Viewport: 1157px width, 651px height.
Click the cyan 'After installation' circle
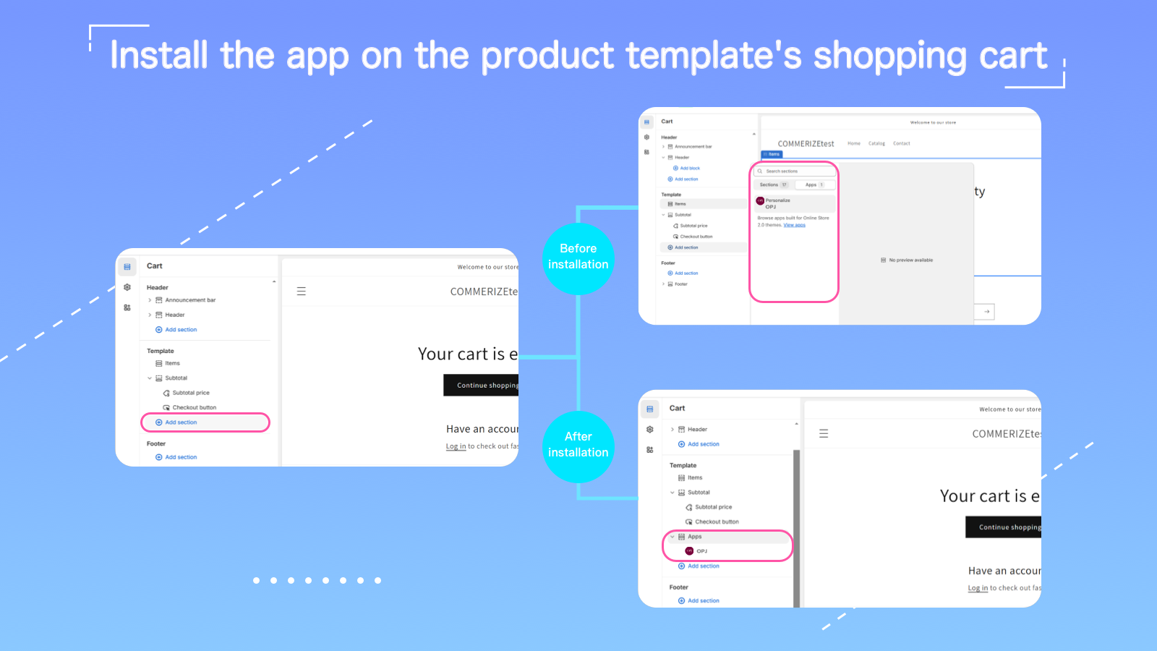point(578,446)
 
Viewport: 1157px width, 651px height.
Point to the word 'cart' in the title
point(1013,56)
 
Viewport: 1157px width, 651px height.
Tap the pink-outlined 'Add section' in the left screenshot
point(181,422)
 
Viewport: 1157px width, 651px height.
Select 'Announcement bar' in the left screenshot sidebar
point(190,300)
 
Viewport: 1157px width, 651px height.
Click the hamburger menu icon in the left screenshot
point(302,292)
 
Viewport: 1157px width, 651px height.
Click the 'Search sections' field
point(794,171)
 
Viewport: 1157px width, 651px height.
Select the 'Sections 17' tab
point(773,185)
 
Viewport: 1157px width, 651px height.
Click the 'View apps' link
point(794,225)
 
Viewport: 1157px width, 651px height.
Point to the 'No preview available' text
point(910,260)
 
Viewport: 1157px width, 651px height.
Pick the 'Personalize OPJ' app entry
point(777,203)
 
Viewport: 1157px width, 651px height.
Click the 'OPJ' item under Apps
point(701,551)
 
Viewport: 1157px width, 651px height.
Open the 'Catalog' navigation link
point(876,143)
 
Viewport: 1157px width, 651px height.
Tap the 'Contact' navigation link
point(901,143)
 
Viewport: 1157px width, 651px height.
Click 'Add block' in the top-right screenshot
point(689,168)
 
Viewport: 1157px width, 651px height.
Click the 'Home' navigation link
point(854,143)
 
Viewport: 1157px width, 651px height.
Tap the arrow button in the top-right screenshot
point(986,312)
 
